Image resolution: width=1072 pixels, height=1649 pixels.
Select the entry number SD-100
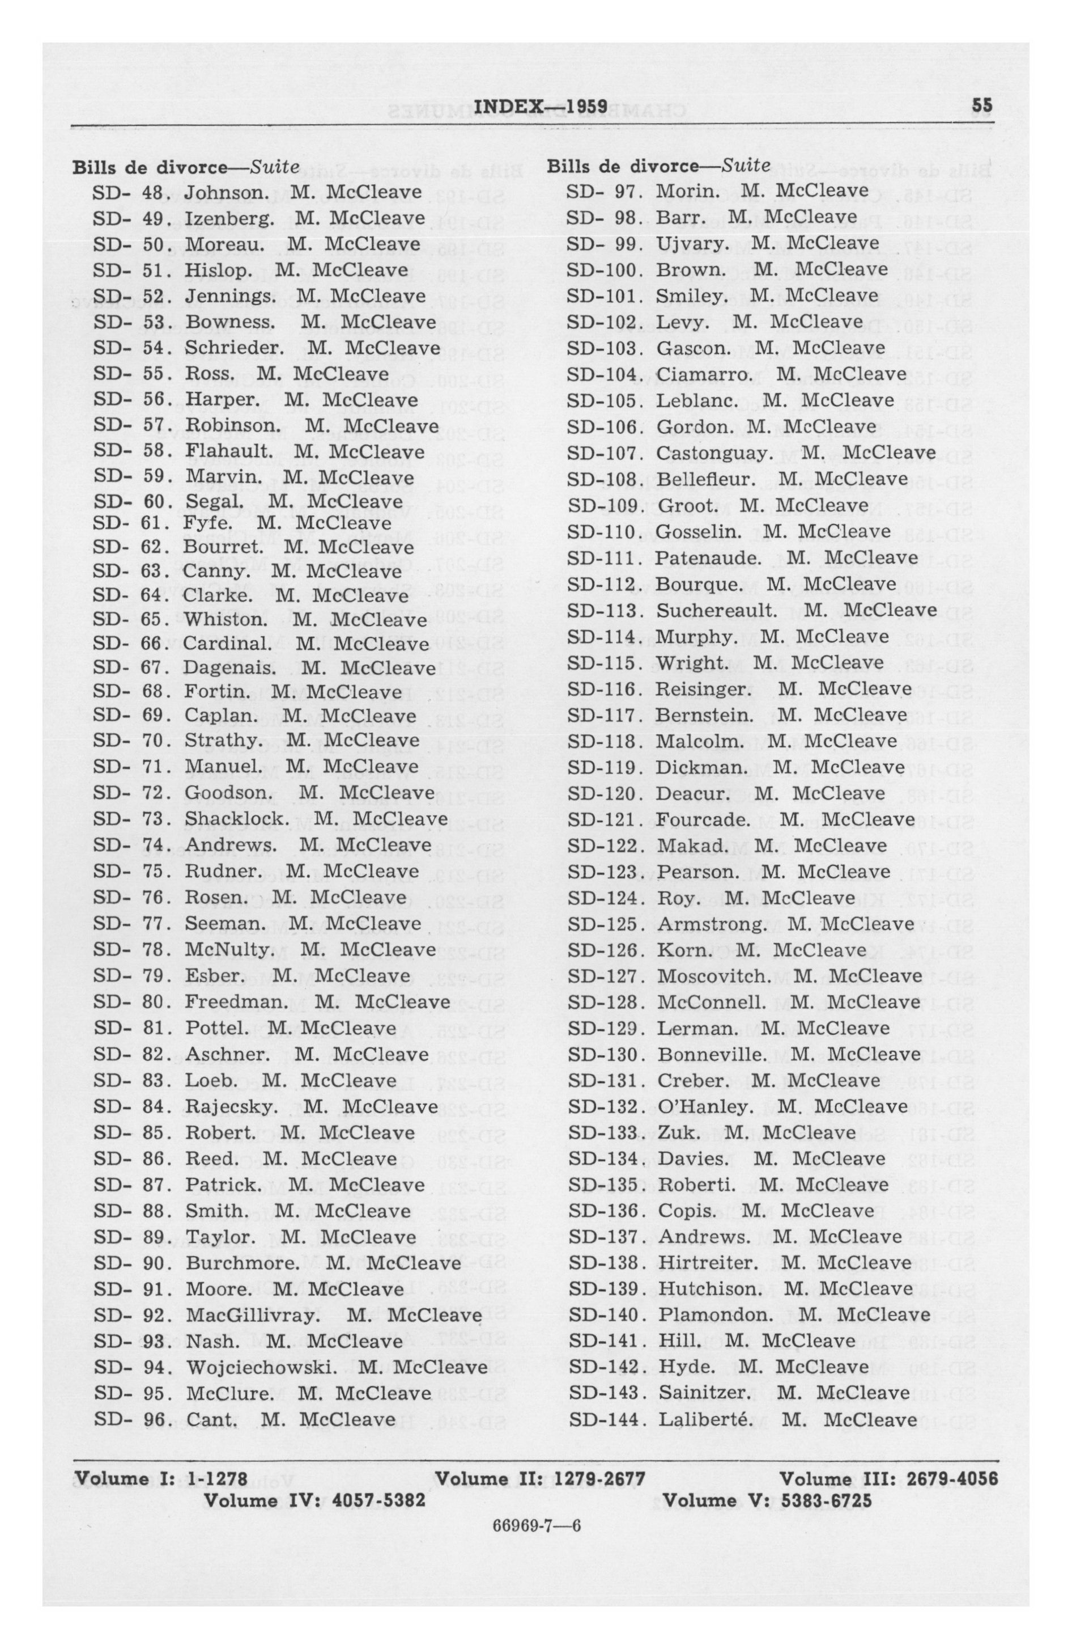point(602,269)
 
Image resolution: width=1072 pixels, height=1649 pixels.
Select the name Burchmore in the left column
point(243,1263)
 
